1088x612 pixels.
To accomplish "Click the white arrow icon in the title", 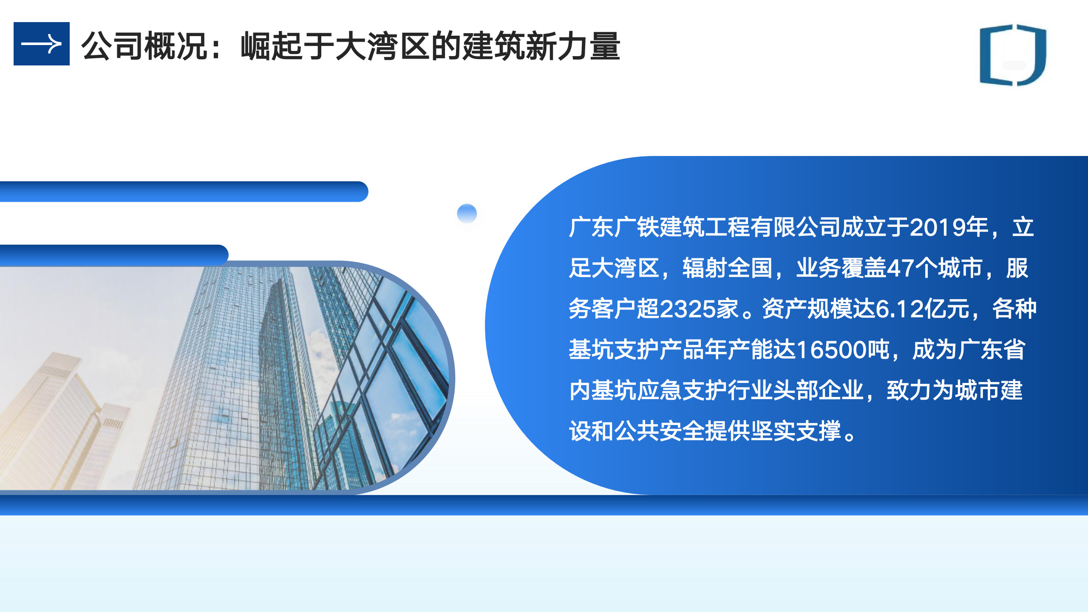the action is [41, 44].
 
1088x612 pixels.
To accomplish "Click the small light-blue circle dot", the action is [467, 213].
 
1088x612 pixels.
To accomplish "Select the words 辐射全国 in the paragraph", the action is [727, 268].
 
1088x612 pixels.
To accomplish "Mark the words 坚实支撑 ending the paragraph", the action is [796, 431].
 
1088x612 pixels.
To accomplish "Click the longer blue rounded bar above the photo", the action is [184, 192].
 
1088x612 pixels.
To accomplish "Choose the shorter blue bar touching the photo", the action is [114, 255].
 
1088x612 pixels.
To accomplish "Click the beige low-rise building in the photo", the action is [64, 421].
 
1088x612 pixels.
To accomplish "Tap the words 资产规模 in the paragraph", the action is [807, 309].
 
